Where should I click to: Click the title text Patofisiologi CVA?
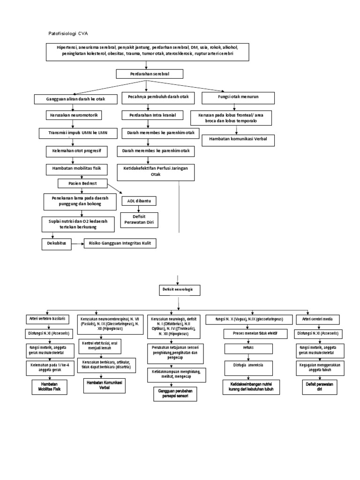click(68, 34)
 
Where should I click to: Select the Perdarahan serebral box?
click(150, 74)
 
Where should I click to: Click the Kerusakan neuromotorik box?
click(74, 115)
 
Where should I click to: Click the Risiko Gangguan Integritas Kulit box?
click(120, 243)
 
